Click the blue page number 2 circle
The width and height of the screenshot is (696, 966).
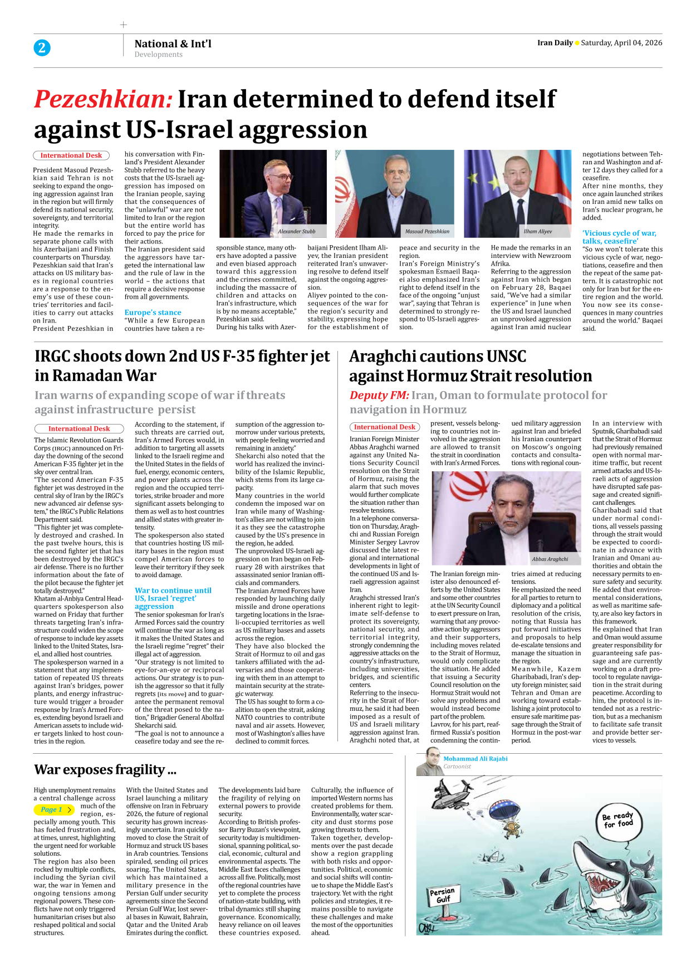tap(42, 48)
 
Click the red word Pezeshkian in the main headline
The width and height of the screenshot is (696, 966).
tap(104, 99)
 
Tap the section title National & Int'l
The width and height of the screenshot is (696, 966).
tap(173, 43)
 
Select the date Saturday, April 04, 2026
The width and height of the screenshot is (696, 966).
tap(621, 43)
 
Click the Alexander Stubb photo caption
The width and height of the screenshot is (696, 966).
tap(297, 231)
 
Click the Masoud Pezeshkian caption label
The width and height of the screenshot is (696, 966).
tap(427, 231)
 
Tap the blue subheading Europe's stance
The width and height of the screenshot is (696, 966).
tap(153, 313)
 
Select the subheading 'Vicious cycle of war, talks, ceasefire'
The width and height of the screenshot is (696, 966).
tap(619, 237)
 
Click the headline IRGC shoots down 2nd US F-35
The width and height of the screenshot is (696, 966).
tap(182, 365)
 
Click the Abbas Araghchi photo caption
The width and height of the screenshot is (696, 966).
tap(550, 559)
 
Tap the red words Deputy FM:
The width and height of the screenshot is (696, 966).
tap(379, 395)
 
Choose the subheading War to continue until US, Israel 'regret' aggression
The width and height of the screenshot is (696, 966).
tap(173, 598)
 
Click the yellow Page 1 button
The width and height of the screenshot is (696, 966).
tap(55, 809)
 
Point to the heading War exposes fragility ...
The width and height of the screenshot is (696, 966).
tap(105, 769)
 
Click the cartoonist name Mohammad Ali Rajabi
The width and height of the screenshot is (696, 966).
tap(475, 759)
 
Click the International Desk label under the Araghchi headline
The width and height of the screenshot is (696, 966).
tap(385, 427)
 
